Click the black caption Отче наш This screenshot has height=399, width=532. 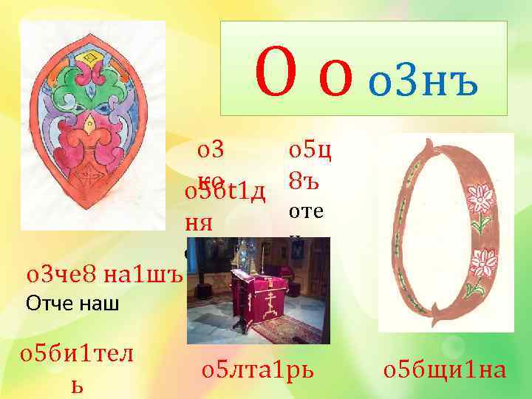(x=72, y=303)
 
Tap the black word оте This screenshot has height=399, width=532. (x=305, y=212)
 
